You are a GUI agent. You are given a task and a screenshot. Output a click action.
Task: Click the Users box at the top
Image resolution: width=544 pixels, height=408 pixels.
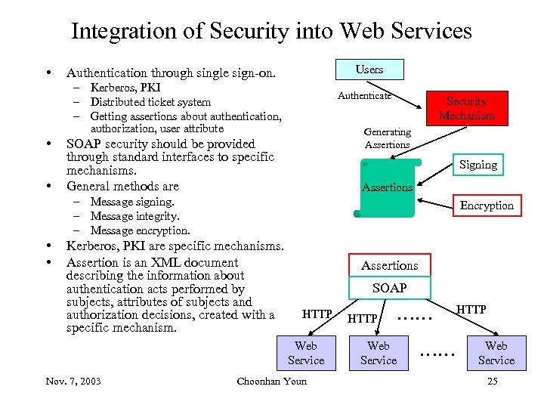click(x=369, y=69)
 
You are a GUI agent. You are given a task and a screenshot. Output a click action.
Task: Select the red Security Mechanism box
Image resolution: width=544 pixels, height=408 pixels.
click(x=466, y=108)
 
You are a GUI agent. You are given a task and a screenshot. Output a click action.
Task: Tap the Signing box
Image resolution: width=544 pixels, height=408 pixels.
click(x=478, y=164)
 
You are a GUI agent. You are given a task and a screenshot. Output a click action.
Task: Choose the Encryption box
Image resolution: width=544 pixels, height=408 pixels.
click(x=486, y=205)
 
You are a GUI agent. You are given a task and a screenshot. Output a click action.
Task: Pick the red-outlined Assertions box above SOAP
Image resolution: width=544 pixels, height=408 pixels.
click(x=389, y=265)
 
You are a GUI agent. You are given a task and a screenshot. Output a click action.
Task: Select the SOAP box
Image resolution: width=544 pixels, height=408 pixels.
click(x=389, y=288)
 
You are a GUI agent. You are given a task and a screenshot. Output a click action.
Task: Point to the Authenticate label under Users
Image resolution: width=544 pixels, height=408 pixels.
click(x=364, y=96)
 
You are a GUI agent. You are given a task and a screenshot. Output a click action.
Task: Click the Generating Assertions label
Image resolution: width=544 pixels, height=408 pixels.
click(x=387, y=138)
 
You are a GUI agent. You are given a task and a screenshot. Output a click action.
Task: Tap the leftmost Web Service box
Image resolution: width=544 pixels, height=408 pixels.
click(x=306, y=353)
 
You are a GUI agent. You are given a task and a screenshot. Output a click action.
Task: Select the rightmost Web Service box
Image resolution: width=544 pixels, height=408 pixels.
click(x=496, y=353)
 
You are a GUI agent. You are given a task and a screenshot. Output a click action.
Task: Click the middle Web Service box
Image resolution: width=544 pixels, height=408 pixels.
click(x=379, y=353)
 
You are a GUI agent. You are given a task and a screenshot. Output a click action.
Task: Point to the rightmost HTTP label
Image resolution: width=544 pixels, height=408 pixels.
click(x=471, y=310)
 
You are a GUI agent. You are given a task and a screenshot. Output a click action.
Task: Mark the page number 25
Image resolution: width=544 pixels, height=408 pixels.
click(x=493, y=381)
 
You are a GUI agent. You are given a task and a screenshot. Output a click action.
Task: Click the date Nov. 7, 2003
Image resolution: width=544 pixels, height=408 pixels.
click(x=73, y=381)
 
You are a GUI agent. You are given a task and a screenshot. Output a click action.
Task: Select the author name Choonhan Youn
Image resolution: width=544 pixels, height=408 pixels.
click(x=272, y=381)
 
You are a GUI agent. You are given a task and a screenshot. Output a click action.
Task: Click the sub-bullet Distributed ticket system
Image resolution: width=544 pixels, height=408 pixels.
click(x=150, y=102)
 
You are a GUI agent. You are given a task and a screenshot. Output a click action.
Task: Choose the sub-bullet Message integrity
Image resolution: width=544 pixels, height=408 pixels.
click(x=134, y=216)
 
